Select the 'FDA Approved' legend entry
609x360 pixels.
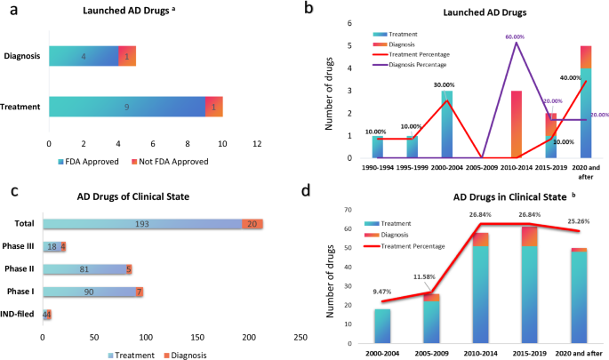[99, 162]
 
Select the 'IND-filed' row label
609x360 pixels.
[22, 313]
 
